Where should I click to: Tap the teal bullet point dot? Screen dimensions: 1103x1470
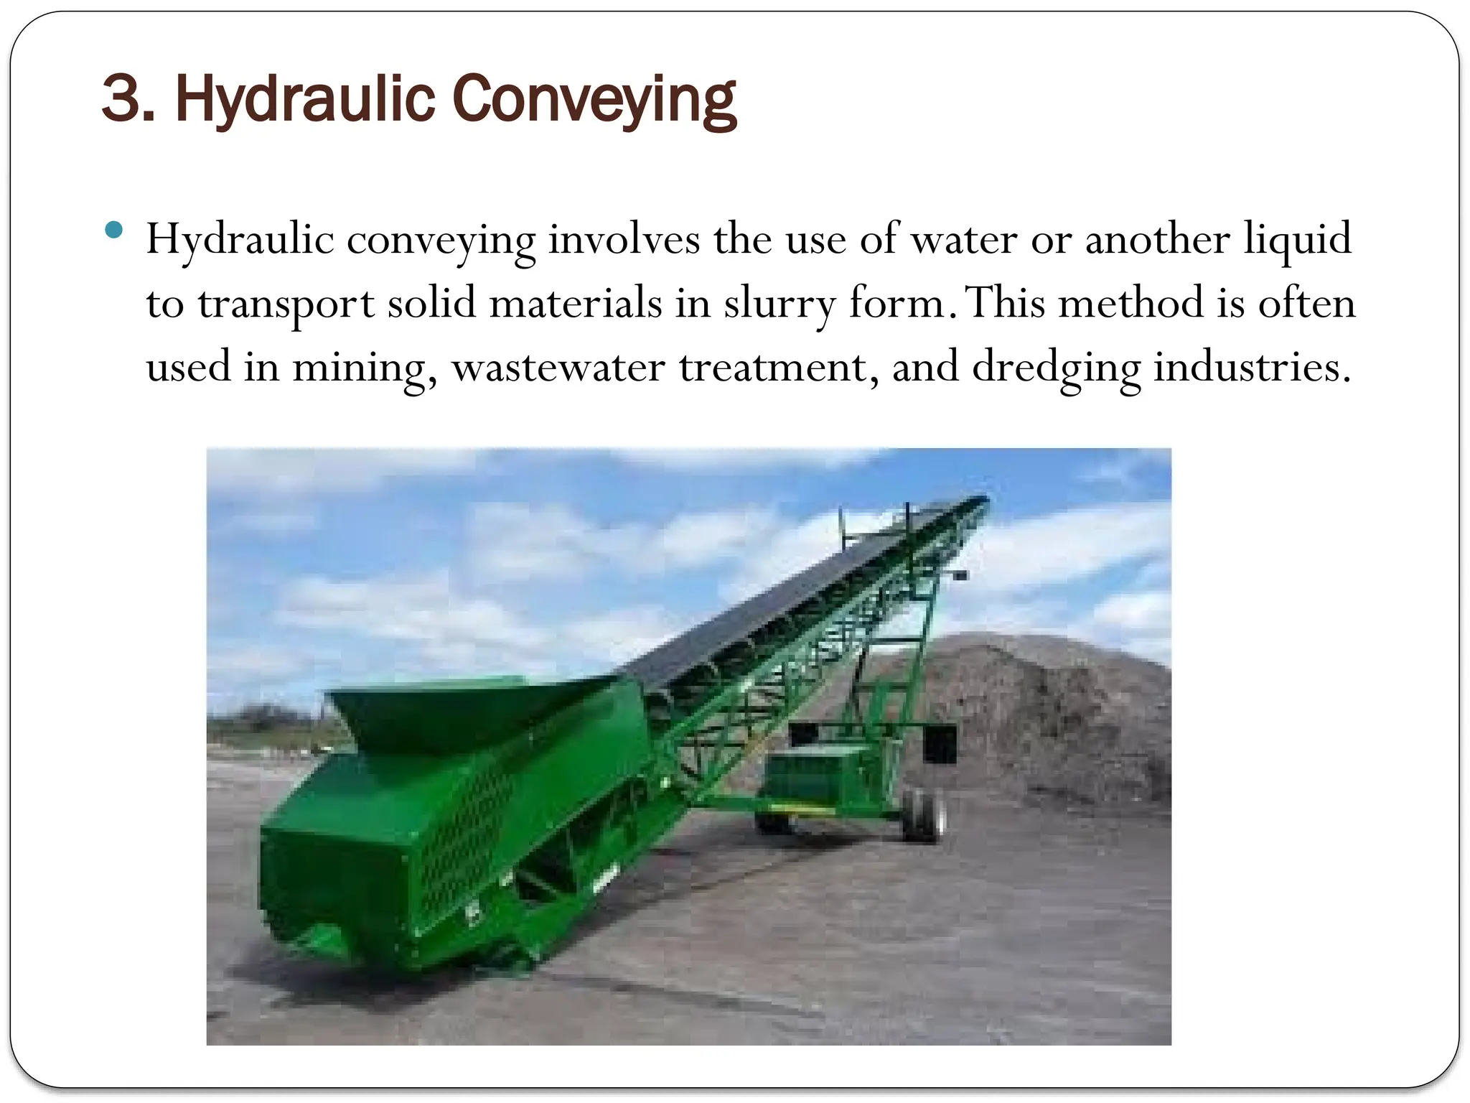(x=113, y=231)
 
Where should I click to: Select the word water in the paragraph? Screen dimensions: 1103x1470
(x=964, y=239)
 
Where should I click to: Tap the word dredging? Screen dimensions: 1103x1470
(x=1056, y=367)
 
